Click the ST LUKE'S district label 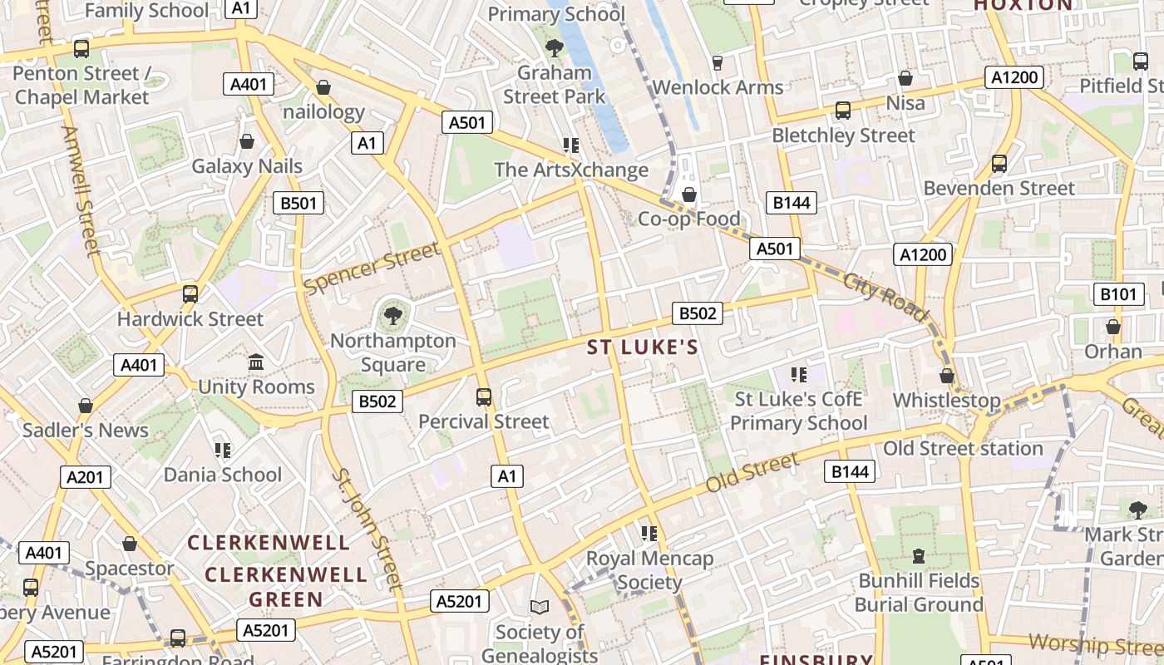pos(643,347)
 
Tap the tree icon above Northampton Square pos(392,316)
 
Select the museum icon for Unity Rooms pos(256,362)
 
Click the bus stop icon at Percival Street pos(484,397)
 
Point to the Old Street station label pos(962,449)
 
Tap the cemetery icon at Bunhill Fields pos(919,555)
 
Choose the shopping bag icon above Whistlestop pos(946,376)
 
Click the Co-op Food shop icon pos(688,195)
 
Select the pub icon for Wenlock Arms pos(718,63)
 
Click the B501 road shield pos(298,203)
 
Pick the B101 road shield pos(1117,293)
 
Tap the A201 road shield pos(86,477)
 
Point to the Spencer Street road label pos(372,268)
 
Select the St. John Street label pos(367,528)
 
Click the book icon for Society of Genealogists pos(540,608)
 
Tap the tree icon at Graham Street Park pos(554,48)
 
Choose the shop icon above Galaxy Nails pos(247,141)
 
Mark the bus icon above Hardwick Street pos(190,294)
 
